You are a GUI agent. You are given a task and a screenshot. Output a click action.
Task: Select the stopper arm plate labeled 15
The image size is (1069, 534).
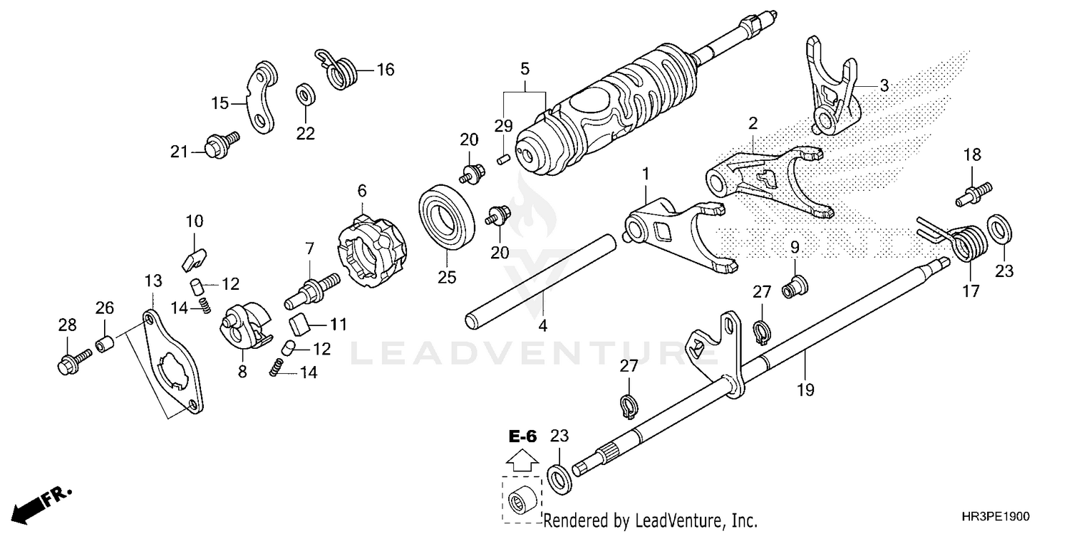(259, 98)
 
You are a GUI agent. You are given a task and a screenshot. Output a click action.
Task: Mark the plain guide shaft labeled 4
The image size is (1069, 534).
(542, 281)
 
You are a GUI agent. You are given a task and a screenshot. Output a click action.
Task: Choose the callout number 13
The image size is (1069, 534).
(152, 282)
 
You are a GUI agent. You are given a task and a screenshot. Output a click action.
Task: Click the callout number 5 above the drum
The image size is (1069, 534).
(525, 69)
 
